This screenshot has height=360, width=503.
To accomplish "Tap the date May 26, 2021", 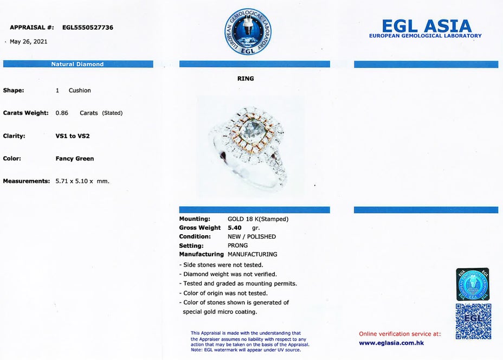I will (28, 42).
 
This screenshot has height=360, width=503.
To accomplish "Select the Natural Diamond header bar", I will (78, 64).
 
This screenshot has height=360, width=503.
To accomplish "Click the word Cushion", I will (80, 91).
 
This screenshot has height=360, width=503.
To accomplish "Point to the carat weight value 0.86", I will (62, 113).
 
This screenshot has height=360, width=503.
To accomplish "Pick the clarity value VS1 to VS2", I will (73, 136).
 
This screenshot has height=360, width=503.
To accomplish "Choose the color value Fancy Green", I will (75, 159).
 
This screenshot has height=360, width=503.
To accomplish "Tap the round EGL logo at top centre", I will (248, 31).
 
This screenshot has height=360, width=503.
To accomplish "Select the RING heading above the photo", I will (246, 79).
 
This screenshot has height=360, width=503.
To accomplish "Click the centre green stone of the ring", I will (248, 134).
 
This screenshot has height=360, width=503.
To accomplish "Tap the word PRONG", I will (237, 246).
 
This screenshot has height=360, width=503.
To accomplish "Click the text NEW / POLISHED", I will (251, 237).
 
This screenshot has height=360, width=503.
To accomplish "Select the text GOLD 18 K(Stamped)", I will (257, 219).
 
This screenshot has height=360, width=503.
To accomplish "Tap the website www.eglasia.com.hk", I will (391, 343).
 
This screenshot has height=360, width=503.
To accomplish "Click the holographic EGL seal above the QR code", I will (472, 284).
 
